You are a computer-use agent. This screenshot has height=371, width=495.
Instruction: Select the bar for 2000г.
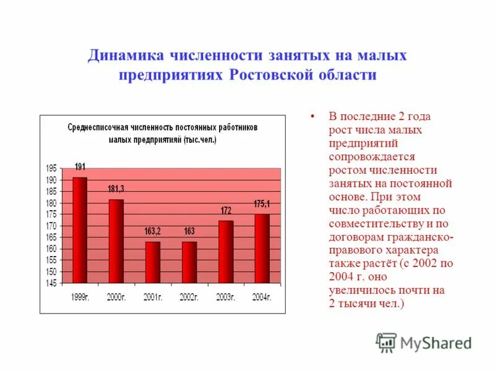pyautogui.click(x=116, y=241)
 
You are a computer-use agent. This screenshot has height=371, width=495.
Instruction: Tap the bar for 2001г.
pyautogui.click(x=153, y=262)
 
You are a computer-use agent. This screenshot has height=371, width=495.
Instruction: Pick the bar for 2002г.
pyautogui.click(x=189, y=262)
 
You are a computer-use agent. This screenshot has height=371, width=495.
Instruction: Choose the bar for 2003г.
pyautogui.click(x=226, y=252)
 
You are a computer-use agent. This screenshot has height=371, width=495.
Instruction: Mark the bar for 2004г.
pyautogui.click(x=262, y=249)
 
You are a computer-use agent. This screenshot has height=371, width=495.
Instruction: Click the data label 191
pyautogui.click(x=80, y=167)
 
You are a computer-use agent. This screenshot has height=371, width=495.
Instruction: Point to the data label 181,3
pyautogui.click(x=116, y=189)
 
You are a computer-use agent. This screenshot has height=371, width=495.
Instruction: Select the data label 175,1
pyautogui.click(x=262, y=203)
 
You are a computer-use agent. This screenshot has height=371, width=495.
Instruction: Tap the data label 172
pyautogui.click(x=226, y=211)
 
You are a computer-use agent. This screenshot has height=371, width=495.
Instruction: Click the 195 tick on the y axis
pyautogui.click(x=51, y=168)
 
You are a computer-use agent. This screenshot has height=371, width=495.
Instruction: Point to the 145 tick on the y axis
pyautogui.click(x=51, y=283)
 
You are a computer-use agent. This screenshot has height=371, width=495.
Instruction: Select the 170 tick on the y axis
pyautogui.click(x=51, y=226)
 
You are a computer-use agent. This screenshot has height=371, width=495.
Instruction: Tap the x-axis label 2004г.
pyautogui.click(x=261, y=297)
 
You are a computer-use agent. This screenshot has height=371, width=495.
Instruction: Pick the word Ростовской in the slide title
pyautogui.click(x=275, y=75)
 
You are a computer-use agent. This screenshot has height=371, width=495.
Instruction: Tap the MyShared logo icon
pyautogui.click(x=386, y=342)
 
